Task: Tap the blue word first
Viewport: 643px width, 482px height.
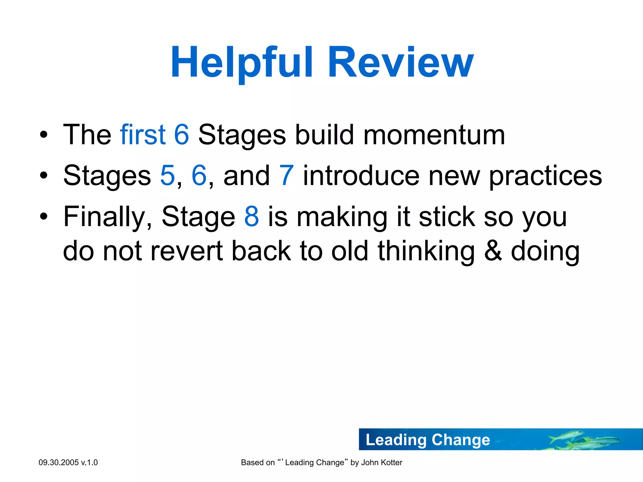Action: (143, 135)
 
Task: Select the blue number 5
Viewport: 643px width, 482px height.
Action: (167, 176)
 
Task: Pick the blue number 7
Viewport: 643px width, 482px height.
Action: (286, 176)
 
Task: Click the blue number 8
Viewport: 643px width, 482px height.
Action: (251, 217)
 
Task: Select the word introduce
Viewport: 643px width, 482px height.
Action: (361, 176)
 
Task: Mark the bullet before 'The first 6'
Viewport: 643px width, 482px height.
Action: (44, 135)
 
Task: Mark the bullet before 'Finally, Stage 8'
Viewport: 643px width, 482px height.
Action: (44, 217)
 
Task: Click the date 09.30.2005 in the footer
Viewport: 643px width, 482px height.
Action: (58, 463)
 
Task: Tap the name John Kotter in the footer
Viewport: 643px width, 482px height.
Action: (381, 463)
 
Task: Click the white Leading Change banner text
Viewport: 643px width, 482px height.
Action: (428, 440)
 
